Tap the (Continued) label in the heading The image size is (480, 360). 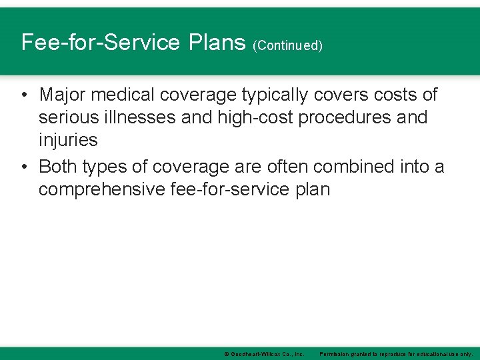pos(287,45)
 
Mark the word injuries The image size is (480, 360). pos(68,140)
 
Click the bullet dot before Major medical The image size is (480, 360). pos(24,95)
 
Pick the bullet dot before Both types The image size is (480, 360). pos(24,166)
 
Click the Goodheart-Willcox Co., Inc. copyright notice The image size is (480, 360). pos(264,353)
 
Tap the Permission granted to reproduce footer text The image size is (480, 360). pos(396,353)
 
